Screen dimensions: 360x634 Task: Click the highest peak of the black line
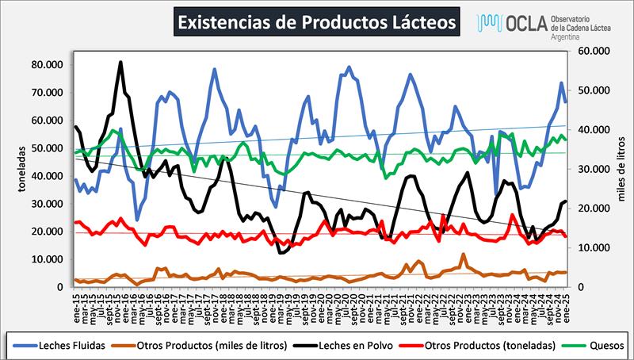pos(120,62)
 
